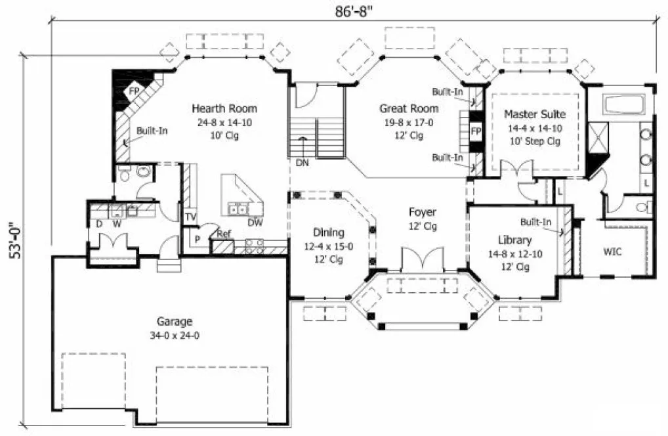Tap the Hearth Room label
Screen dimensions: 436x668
coord(224,108)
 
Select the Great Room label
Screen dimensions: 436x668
coord(409,108)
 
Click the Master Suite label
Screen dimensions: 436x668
coord(534,114)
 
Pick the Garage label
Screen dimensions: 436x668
coord(175,322)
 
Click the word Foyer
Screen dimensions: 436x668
coord(422,212)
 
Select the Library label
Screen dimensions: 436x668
coord(514,240)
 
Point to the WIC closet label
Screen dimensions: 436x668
coord(612,251)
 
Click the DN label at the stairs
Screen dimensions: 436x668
coord(303,162)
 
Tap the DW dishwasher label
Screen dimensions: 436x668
coord(255,222)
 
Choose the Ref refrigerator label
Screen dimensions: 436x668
coord(224,233)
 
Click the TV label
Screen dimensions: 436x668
coord(191,217)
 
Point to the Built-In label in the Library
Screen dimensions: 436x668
coord(535,221)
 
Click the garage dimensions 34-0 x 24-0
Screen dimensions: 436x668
coord(175,335)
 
